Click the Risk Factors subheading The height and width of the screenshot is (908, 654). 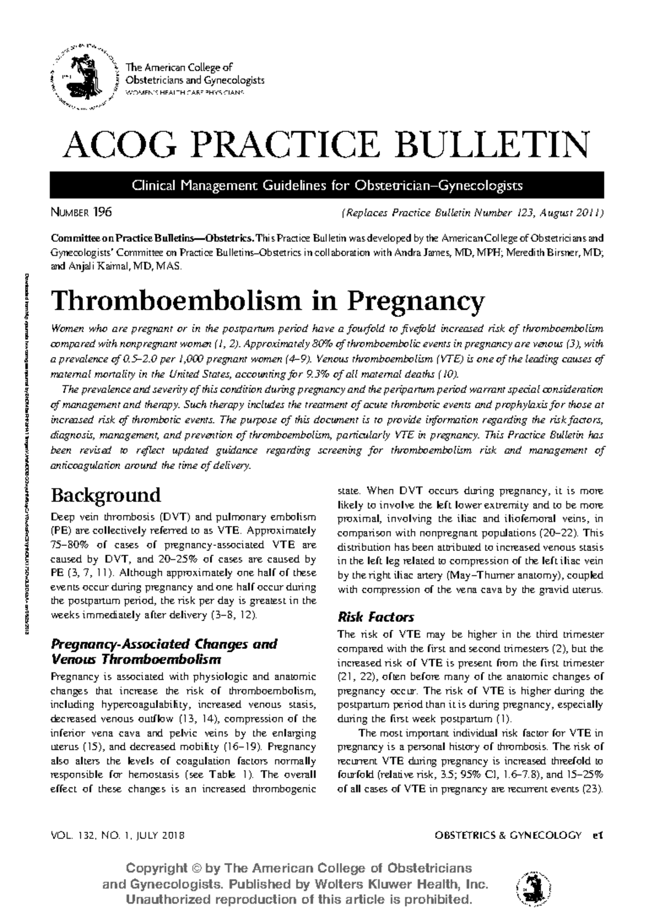(x=376, y=617)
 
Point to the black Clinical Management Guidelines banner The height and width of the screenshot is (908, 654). (x=326, y=185)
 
